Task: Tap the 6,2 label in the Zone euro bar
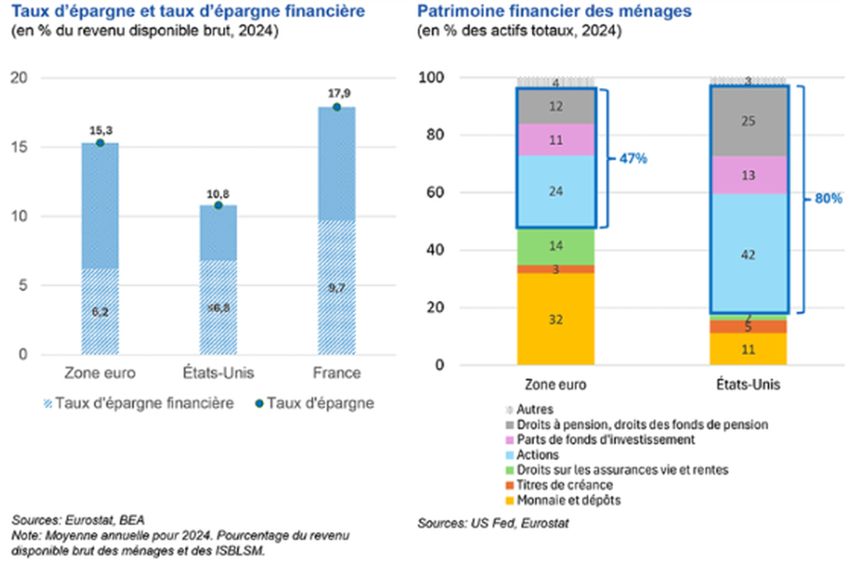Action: pos(100,312)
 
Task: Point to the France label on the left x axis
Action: pos(336,373)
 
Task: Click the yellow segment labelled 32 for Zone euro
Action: pos(555,319)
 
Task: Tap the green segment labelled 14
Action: pos(555,246)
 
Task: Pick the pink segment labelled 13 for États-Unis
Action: pos(748,175)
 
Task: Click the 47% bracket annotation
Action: pos(632,158)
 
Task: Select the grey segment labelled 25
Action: pos(748,120)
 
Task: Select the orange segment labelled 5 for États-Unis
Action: pos(748,327)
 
